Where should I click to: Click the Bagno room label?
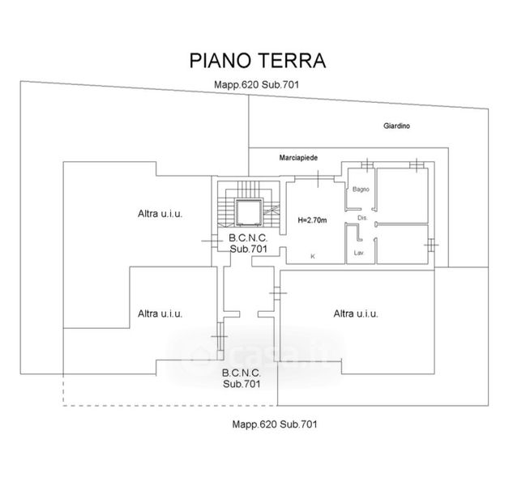(361, 190)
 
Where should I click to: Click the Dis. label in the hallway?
(362, 219)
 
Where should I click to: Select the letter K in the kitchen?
(313, 256)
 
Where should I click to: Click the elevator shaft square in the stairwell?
(247, 212)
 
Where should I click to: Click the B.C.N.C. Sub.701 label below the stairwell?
(248, 244)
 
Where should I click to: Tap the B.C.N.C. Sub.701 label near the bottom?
(241, 377)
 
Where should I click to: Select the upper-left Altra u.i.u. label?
(160, 214)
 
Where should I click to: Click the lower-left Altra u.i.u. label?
(160, 313)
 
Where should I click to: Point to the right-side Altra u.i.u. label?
(356, 313)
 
